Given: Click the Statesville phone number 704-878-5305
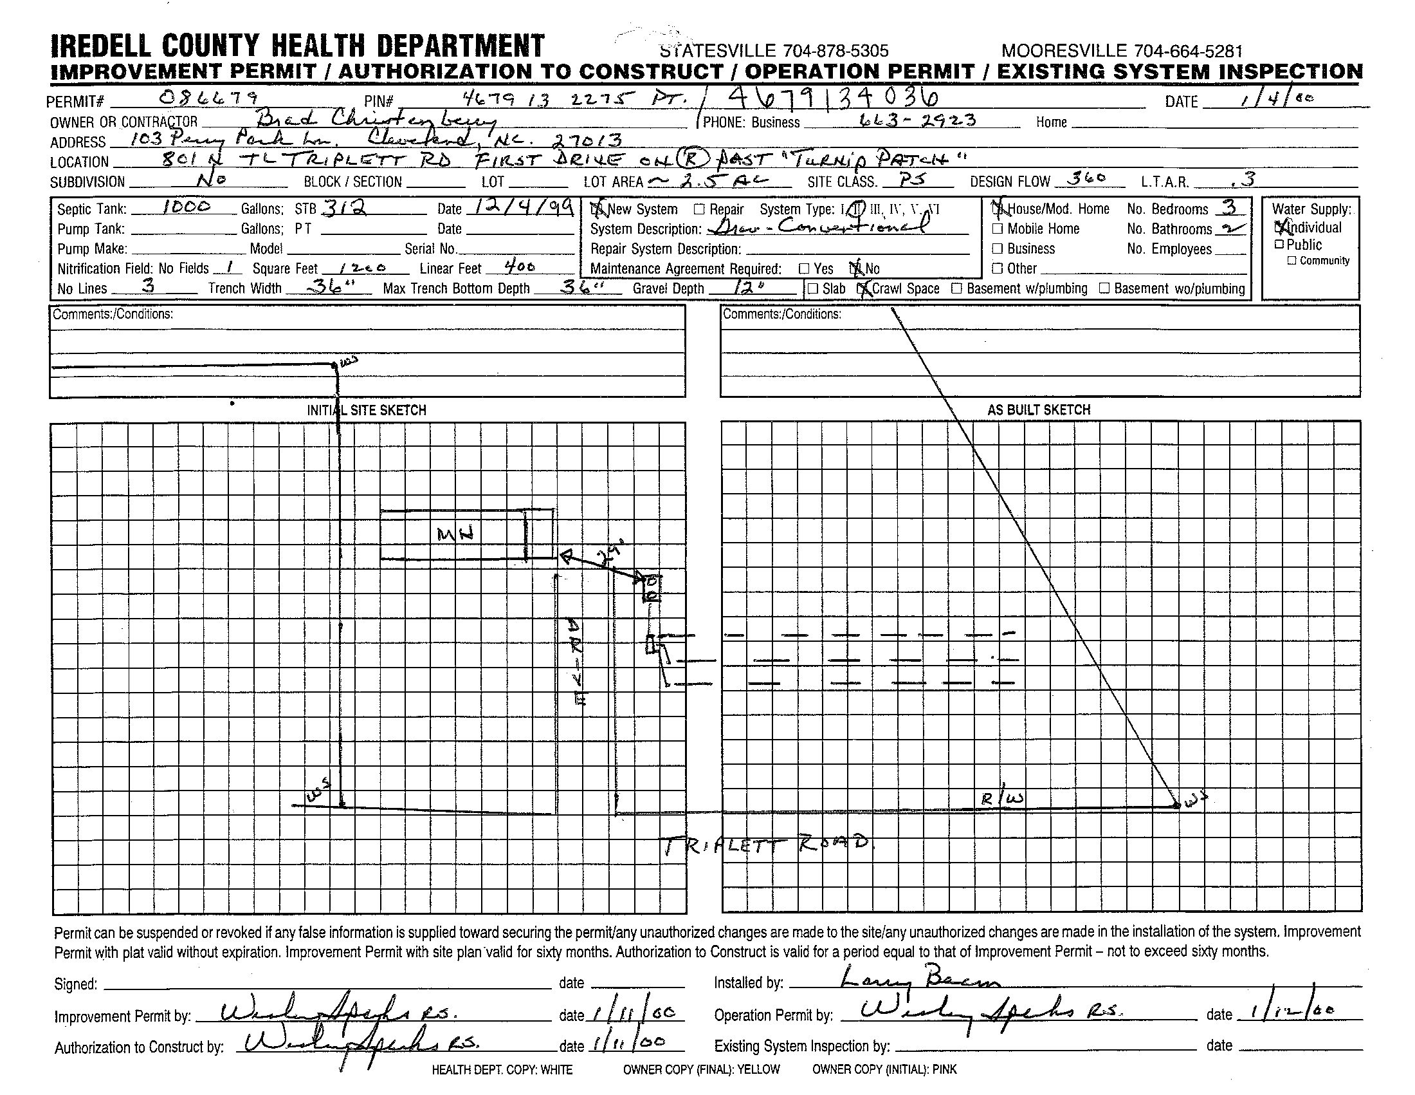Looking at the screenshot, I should [x=835, y=51].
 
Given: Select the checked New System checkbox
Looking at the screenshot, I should [x=596, y=209].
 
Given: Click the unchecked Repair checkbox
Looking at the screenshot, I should [x=699, y=209].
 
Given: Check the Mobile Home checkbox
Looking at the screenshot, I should [x=998, y=229].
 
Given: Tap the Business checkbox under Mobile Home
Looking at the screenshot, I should [x=998, y=249].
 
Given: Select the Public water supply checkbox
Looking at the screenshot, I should [x=1279, y=245].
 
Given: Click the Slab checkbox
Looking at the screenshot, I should [x=813, y=289].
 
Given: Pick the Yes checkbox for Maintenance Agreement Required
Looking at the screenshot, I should [x=804, y=268].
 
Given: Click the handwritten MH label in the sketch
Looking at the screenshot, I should [x=456, y=534].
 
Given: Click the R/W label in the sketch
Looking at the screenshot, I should [x=1001, y=799].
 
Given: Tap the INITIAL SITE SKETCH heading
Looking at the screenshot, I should [x=366, y=410].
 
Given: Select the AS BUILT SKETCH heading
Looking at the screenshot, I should [x=1039, y=409].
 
